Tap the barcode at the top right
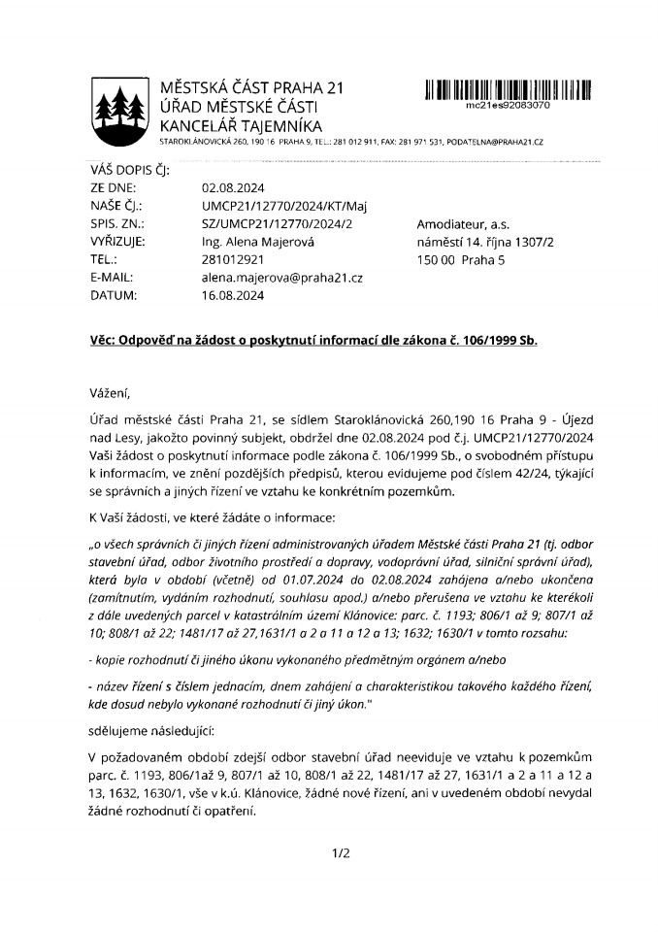(508, 90)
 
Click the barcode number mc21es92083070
(509, 105)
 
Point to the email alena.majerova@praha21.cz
(275, 277)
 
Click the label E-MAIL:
(113, 277)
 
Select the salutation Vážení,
(106, 391)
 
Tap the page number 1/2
(340, 854)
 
